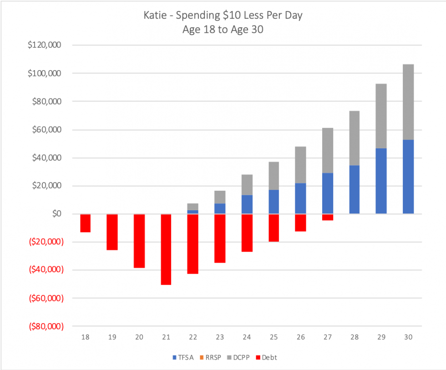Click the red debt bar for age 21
(166, 249)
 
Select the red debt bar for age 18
(85, 223)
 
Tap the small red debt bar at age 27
(328, 217)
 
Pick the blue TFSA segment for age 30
(408, 177)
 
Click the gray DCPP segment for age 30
(408, 102)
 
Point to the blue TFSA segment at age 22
(193, 212)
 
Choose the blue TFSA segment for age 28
(355, 189)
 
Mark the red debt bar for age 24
(247, 233)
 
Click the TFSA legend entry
(184, 357)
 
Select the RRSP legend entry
(212, 357)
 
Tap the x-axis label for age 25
(274, 337)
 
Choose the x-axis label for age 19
(112, 337)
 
